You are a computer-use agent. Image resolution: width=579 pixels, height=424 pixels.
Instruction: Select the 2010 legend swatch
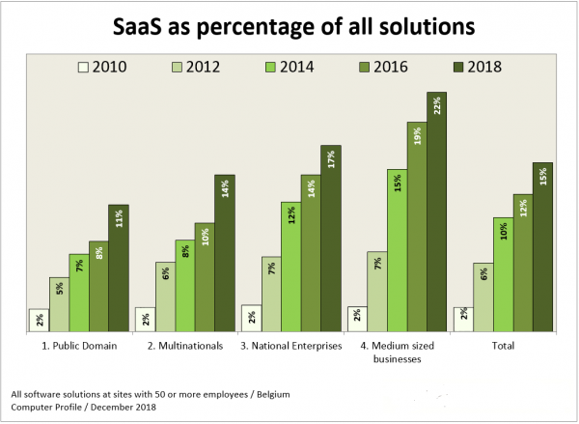point(84,67)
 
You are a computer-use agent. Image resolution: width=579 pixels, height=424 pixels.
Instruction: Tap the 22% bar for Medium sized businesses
point(436,212)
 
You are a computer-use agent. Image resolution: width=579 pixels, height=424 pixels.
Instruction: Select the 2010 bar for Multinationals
point(145,321)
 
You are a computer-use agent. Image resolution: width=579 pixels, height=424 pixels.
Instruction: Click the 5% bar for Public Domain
point(60,304)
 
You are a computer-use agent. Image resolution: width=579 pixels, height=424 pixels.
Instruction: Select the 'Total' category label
point(503,345)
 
